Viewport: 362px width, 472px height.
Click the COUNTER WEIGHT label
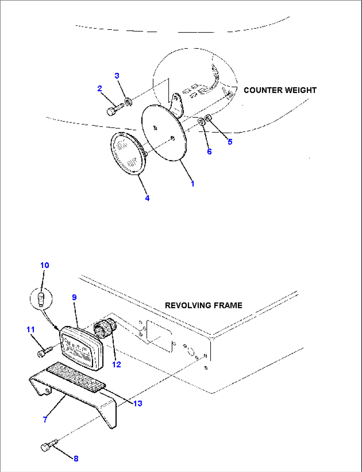(280, 90)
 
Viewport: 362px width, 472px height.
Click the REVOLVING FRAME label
(204, 305)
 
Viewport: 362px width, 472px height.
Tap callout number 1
(193, 184)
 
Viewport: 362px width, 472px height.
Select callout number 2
(100, 89)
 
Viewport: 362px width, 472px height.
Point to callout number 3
(117, 76)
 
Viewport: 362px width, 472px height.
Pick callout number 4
(147, 198)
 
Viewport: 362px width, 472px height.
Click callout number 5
(230, 142)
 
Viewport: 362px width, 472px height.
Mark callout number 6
(209, 152)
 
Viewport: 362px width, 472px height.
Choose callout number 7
(45, 419)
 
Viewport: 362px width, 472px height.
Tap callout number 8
(76, 458)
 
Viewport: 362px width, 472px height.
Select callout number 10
(45, 265)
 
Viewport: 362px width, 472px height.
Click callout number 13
(138, 403)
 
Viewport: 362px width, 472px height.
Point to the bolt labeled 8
(48, 446)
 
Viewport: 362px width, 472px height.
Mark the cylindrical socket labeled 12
(105, 328)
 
